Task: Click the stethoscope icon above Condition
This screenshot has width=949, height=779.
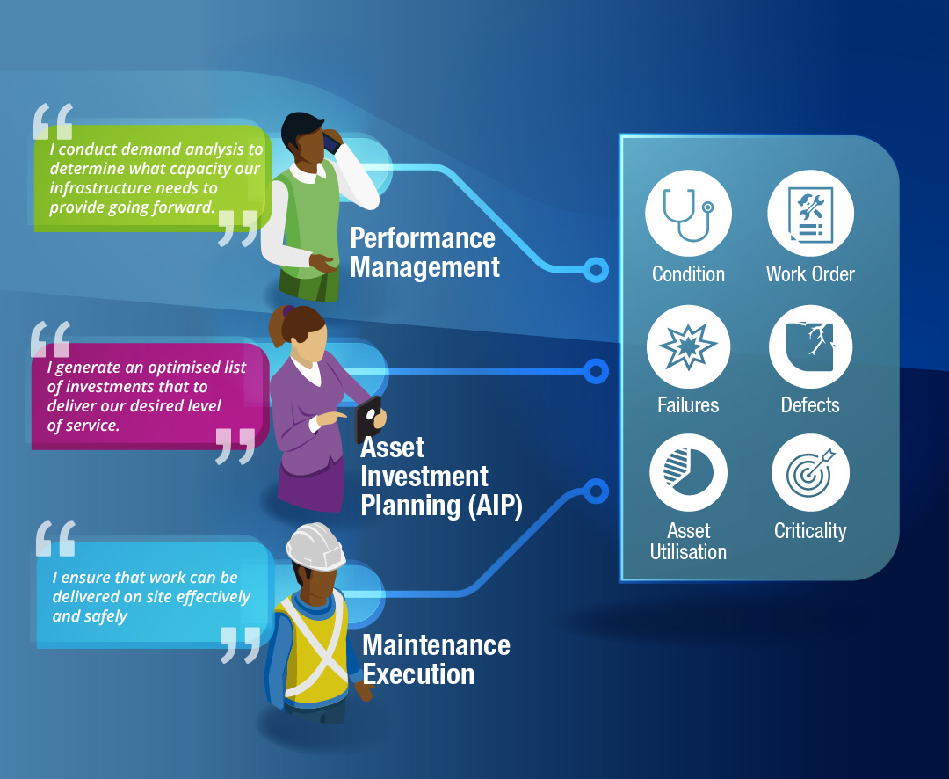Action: [688, 212]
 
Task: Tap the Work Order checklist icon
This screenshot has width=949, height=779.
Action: [810, 212]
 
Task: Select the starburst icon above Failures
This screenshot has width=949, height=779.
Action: [688, 346]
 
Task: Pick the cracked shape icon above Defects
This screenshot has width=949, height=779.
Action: [810, 346]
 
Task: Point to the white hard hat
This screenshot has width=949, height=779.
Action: [316, 547]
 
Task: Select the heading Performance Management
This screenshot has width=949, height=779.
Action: [424, 252]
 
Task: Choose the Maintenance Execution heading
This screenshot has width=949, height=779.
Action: [435, 659]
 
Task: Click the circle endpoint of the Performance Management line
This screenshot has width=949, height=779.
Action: [597, 270]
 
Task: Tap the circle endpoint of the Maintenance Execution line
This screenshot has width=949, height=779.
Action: [597, 491]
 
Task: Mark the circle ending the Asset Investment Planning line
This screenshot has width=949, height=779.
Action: [597, 371]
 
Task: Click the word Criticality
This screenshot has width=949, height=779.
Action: [810, 531]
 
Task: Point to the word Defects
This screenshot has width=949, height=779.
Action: [810, 405]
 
